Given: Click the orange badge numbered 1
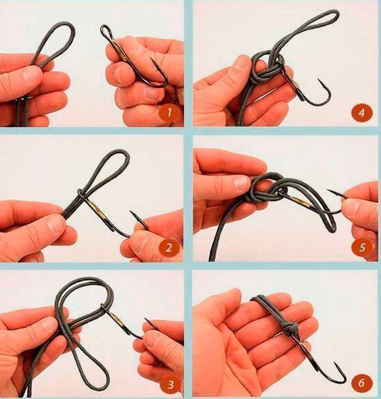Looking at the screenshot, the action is coord(169,112).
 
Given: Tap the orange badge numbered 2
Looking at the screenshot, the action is coord(169,248).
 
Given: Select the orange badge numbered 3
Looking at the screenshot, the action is coord(170,385).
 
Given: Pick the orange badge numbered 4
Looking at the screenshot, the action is coord(361,112).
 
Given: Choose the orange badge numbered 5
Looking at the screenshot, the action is coord(361,248).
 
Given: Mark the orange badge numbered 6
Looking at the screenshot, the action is coord(361,383).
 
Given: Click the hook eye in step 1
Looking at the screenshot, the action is coord(106,31).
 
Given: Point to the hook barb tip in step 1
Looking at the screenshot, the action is coord(152,59).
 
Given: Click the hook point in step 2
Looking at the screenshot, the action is coord(131,212).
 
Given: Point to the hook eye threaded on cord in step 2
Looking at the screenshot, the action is coord(80,193).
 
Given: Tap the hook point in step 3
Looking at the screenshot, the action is coord(145,319).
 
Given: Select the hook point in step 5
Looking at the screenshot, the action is coord(328,190).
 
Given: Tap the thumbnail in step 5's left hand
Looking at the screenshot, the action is coord(241,183).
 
